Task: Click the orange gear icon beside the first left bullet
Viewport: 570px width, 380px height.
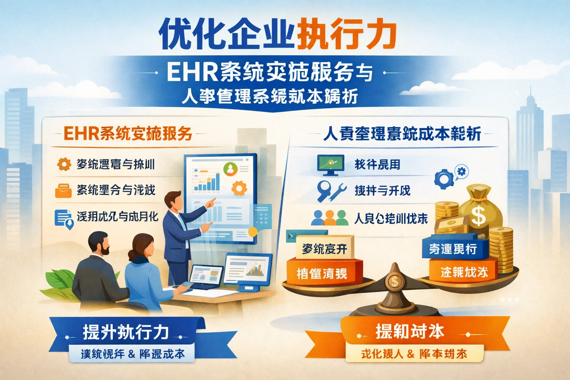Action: [64, 164]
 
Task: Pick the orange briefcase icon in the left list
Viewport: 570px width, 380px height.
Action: [63, 190]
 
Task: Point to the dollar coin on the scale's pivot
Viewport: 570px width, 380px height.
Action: [394, 281]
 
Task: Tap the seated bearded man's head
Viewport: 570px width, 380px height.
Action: [99, 243]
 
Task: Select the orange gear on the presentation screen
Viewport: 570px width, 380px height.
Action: [239, 189]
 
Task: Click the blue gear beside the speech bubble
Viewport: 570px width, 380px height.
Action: [443, 179]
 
